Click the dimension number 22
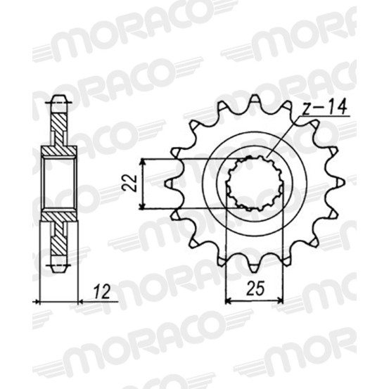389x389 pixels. point(129,183)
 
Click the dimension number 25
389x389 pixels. point(255,288)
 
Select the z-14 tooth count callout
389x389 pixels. point(325,108)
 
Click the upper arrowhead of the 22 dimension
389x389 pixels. point(142,162)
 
